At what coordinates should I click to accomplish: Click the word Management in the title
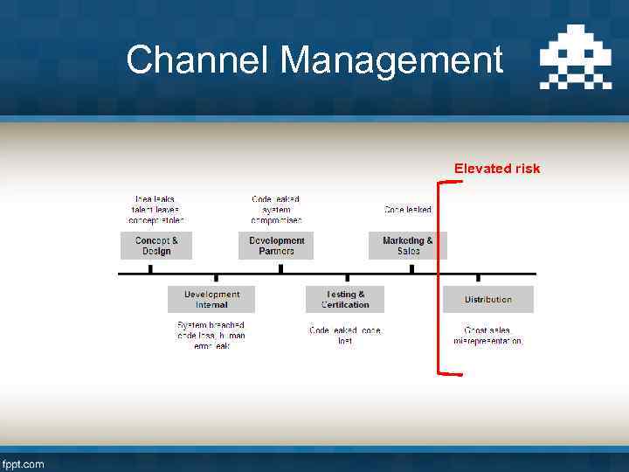click(392, 60)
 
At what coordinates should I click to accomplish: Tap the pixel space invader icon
click(575, 61)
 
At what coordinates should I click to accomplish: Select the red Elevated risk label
click(496, 169)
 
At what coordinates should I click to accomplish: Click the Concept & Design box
click(156, 246)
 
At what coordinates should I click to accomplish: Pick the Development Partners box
click(276, 246)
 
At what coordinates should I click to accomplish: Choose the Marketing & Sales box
click(407, 246)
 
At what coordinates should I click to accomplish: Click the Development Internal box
click(211, 300)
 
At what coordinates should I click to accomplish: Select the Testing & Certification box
click(345, 300)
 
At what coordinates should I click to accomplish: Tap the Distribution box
click(487, 300)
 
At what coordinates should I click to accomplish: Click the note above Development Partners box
click(276, 210)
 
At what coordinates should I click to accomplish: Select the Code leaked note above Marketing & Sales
click(407, 210)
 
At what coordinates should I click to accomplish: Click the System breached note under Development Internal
click(211, 336)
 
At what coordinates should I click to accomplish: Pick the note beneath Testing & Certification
click(345, 336)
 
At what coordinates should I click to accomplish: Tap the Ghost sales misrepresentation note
click(487, 336)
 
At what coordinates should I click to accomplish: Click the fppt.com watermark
click(24, 463)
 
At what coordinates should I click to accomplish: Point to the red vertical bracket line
click(438, 278)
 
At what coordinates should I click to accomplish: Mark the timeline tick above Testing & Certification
click(346, 279)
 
